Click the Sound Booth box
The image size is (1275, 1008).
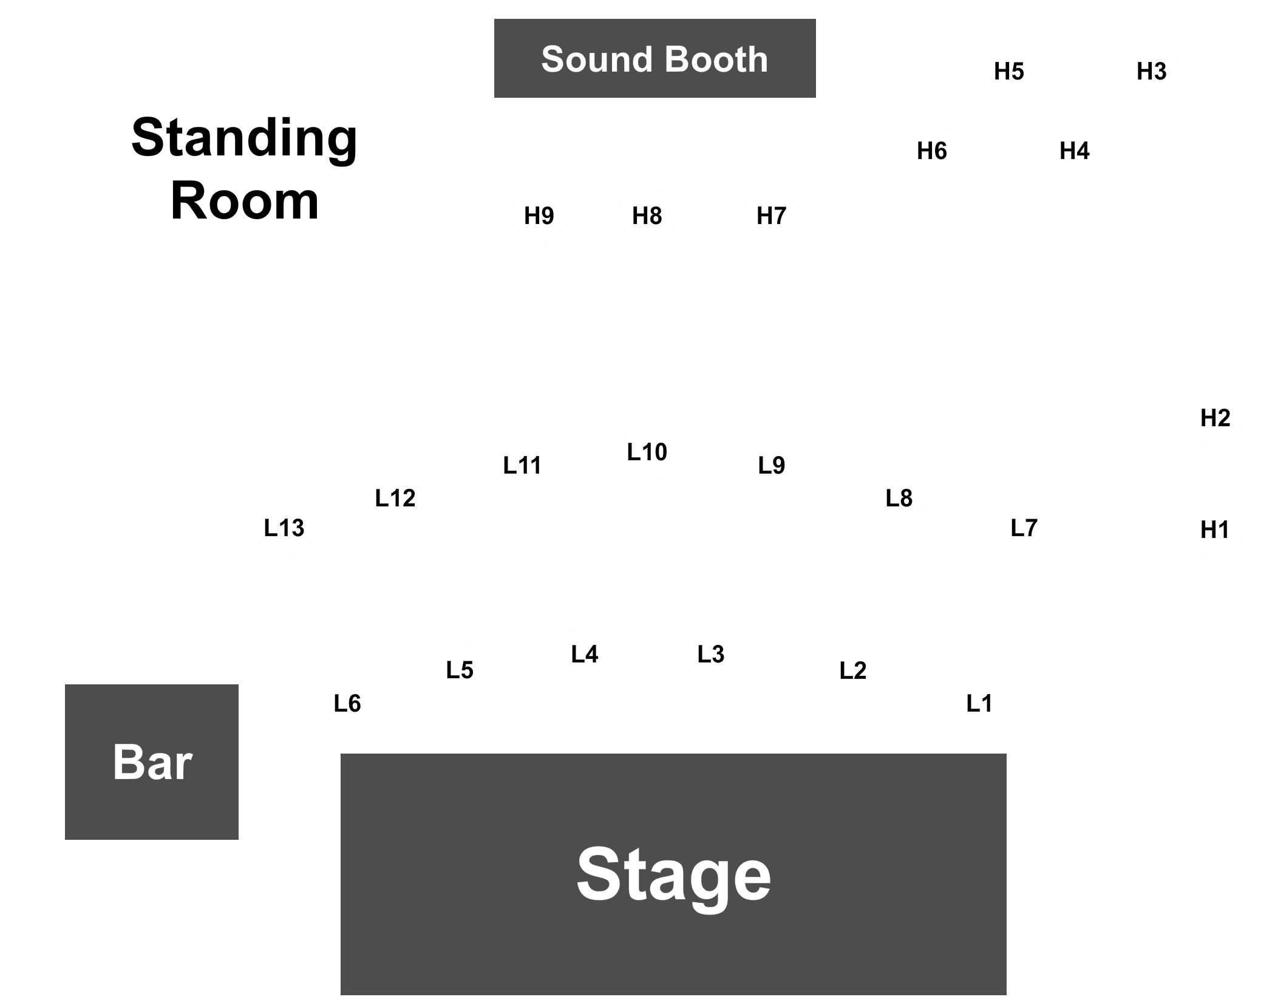[654, 58]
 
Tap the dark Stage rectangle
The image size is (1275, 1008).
[673, 874]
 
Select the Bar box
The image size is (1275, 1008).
[152, 762]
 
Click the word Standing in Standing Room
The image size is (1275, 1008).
[244, 139]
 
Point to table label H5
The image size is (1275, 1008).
[1009, 72]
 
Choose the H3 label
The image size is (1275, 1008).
[1152, 72]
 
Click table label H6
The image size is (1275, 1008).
[932, 151]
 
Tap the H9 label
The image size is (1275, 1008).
[539, 216]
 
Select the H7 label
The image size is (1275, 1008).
[772, 216]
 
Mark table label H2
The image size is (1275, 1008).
[1215, 418]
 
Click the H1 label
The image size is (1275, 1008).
[1215, 531]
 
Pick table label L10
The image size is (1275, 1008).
[647, 452]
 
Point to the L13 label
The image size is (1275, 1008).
[284, 528]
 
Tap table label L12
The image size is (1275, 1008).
[395, 499]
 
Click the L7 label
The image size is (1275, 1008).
[1024, 528]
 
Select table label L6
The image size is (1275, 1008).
[347, 704]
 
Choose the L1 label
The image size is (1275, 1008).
[979, 704]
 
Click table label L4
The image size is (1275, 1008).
[585, 655]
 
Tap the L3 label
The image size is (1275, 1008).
[711, 655]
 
